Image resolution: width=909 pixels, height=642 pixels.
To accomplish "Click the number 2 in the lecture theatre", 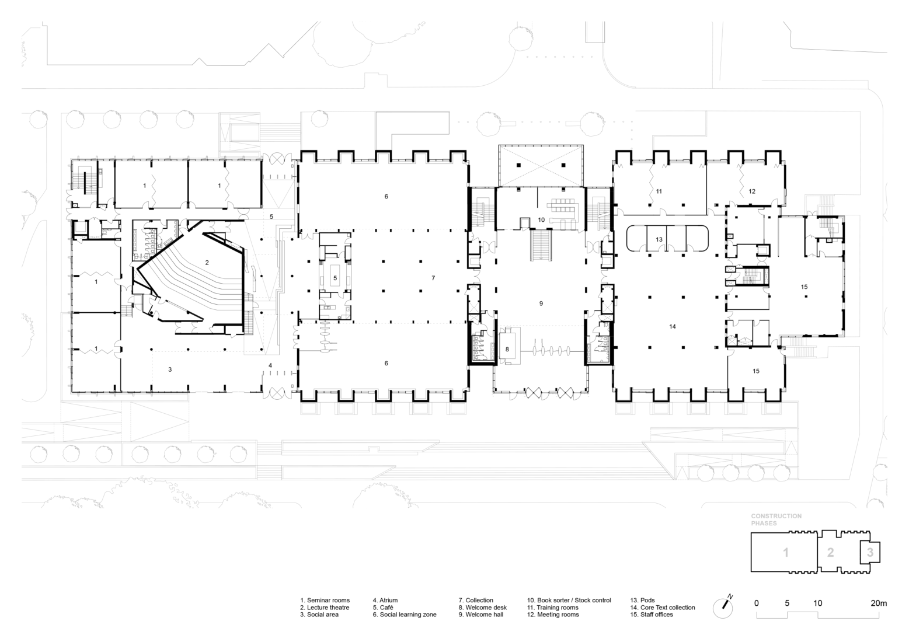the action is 207,263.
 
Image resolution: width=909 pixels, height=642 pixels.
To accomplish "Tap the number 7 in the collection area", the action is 433,278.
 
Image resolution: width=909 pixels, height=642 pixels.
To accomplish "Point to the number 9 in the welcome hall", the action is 541,303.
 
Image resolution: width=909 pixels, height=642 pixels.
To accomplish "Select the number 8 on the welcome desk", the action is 507,349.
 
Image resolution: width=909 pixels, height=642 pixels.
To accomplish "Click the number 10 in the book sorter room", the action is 541,220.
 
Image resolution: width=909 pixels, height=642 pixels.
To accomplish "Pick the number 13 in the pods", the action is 659,240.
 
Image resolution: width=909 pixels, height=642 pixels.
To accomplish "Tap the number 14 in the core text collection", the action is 673,326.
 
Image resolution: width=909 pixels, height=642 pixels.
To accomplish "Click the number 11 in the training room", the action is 659,191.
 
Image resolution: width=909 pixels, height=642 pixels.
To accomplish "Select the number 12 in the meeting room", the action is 752,191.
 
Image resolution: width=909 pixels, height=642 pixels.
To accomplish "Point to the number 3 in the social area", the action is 170,369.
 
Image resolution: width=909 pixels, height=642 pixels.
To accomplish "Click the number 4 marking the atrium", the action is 270,365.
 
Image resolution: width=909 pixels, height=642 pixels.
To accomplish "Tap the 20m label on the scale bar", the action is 879,603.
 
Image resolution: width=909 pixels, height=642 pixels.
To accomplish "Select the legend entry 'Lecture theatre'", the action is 325,608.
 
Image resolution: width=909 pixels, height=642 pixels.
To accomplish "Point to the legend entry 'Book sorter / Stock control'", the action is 569,600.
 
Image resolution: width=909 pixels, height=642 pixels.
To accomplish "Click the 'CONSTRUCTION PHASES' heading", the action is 776,519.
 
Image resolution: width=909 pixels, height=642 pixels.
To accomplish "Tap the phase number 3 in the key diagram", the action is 870,552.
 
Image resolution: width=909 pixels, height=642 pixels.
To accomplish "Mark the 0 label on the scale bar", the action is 757,603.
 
